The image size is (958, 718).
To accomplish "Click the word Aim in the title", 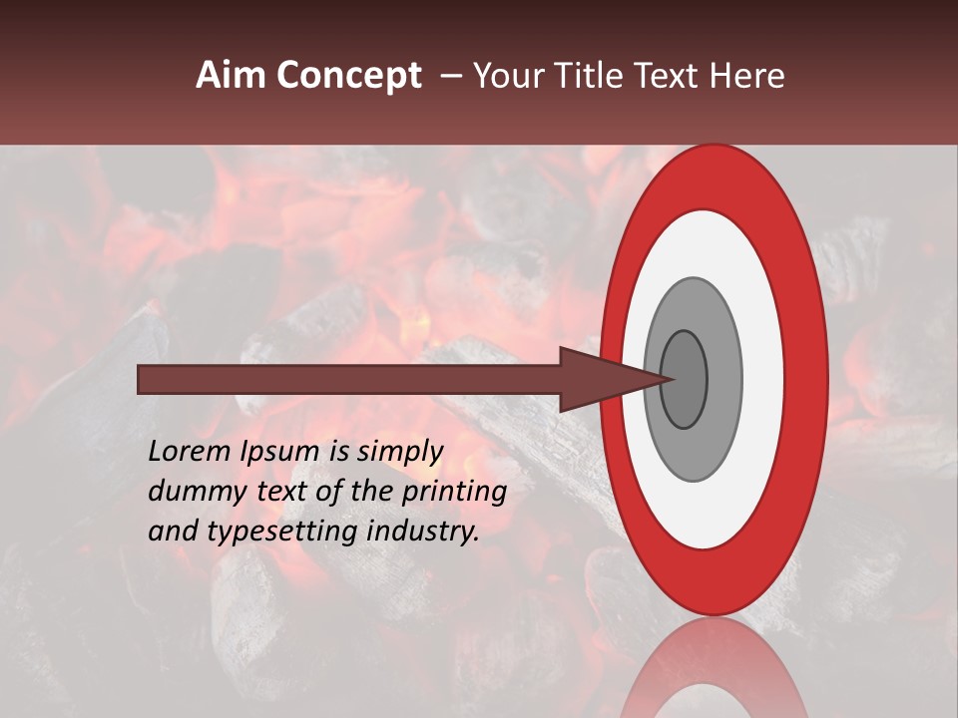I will [x=232, y=76].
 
